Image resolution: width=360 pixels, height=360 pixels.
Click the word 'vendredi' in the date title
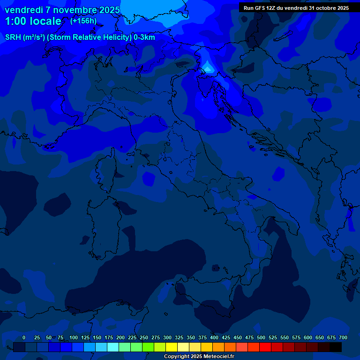pos(23,10)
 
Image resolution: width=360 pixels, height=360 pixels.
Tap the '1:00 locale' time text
pos(33,21)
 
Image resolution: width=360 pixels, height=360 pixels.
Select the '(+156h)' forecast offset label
pos(83,21)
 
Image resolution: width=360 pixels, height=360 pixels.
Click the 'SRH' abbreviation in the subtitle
pos(13,37)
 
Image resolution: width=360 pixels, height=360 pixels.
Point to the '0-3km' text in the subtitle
pos(144,37)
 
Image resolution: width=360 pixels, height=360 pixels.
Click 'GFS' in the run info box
pos(262,8)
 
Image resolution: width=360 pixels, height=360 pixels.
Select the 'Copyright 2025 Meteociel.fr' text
pos(199,356)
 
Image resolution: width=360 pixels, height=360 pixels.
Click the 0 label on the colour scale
pos(24,337)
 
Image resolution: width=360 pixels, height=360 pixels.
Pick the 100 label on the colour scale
pos(74,337)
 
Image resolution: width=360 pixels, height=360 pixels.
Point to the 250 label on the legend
pos(144,337)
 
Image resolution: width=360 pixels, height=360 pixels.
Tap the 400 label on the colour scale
pos(214,337)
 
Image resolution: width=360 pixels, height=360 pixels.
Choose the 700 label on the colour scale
pos(343,337)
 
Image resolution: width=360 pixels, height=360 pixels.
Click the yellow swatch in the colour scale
pos(172,347)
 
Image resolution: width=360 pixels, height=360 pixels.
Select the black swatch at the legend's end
pos(336,347)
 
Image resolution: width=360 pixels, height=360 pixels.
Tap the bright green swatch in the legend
pos(148,347)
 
